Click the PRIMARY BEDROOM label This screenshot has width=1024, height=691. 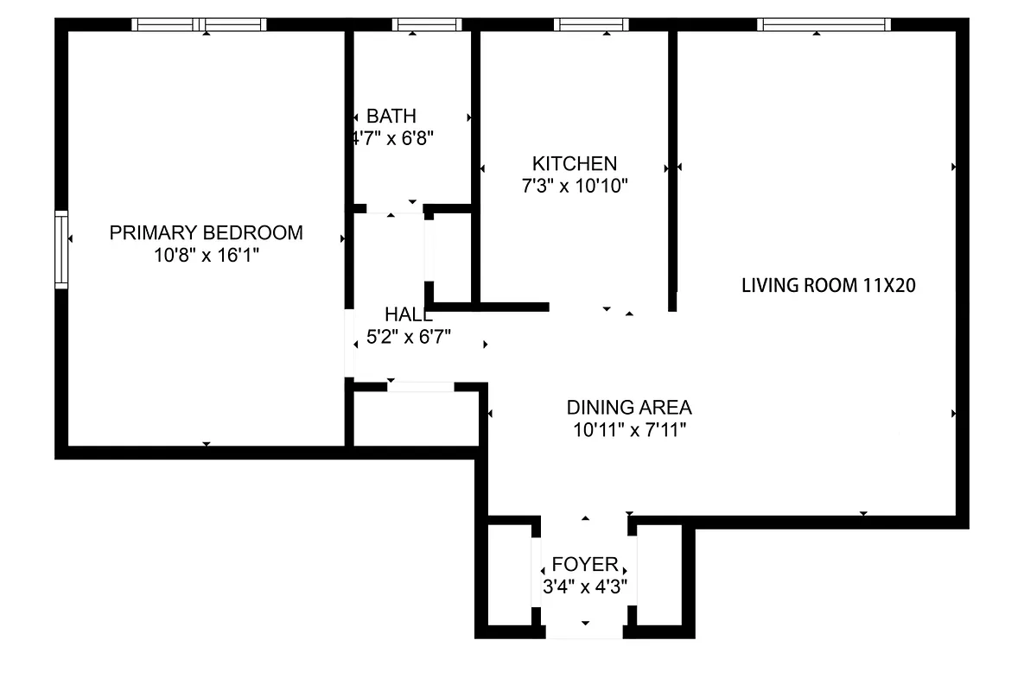point(206,232)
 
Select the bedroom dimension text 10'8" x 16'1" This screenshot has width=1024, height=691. point(206,255)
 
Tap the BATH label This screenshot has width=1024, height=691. point(391,116)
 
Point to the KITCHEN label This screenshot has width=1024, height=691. point(574,163)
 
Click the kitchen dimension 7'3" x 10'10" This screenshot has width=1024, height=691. point(574,185)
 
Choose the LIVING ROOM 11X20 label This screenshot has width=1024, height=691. point(828,285)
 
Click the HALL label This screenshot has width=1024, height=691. point(409,314)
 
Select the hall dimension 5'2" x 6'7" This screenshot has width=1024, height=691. point(409,337)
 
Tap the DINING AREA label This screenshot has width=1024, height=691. point(629,407)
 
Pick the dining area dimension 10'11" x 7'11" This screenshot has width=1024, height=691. point(629,429)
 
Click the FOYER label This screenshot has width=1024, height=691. point(585,565)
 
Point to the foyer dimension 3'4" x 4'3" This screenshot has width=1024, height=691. point(585,586)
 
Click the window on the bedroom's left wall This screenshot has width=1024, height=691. point(61,250)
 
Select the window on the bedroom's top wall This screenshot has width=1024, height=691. point(200,24)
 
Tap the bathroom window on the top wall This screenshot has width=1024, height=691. point(415,24)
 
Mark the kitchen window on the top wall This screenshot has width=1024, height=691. point(592,24)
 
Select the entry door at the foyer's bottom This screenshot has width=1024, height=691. point(584,633)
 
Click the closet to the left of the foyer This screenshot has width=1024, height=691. point(510,574)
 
